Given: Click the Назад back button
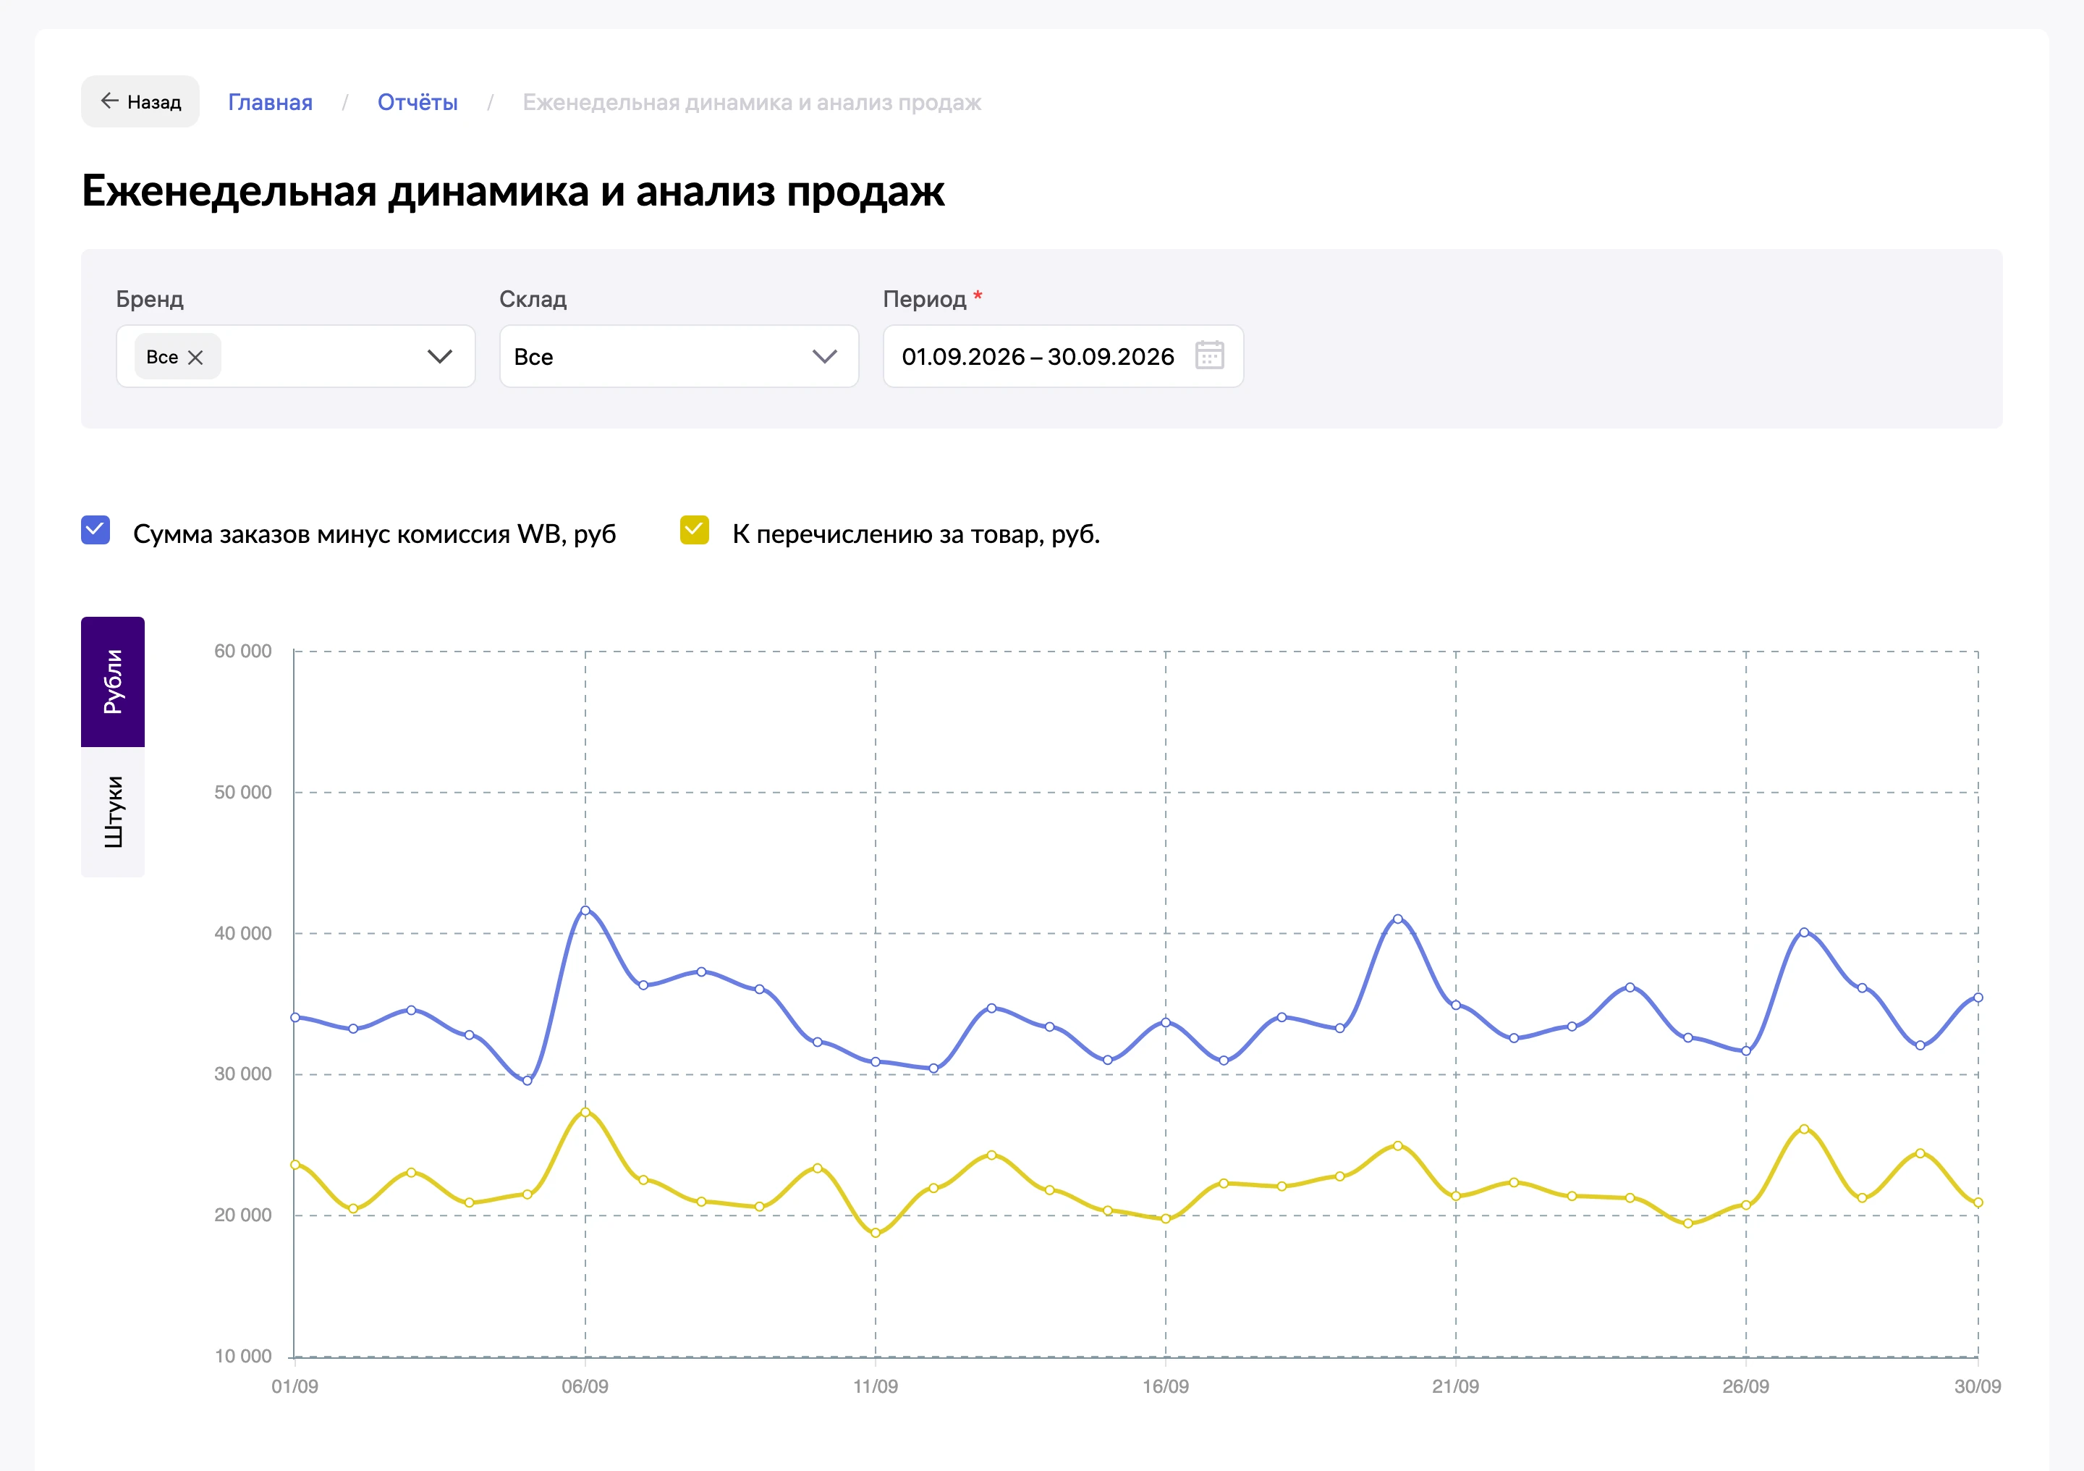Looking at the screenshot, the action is [140, 101].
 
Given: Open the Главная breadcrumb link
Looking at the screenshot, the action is [270, 103].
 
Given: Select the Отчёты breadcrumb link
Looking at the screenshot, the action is [418, 103].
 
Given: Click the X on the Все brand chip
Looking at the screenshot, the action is [195, 358].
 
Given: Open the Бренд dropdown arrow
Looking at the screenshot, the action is [440, 357].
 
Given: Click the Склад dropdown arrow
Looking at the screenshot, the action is [824, 357].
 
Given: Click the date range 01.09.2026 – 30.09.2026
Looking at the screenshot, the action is [1038, 357].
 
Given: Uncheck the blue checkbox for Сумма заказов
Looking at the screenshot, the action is [96, 531].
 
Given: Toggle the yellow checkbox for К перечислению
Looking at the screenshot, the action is [695, 531].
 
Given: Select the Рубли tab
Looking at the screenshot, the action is [113, 682].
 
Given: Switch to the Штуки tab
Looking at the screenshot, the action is [113, 812].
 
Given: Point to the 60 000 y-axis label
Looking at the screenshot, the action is [242, 651].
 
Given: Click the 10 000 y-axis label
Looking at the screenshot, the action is [242, 1356].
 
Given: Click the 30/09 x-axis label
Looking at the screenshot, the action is [1977, 1386].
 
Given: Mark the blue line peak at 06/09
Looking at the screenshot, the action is [585, 910].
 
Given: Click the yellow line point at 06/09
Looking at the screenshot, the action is [585, 1111].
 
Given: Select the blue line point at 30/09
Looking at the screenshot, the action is [1978, 997].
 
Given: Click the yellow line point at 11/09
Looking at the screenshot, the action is [876, 1232].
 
